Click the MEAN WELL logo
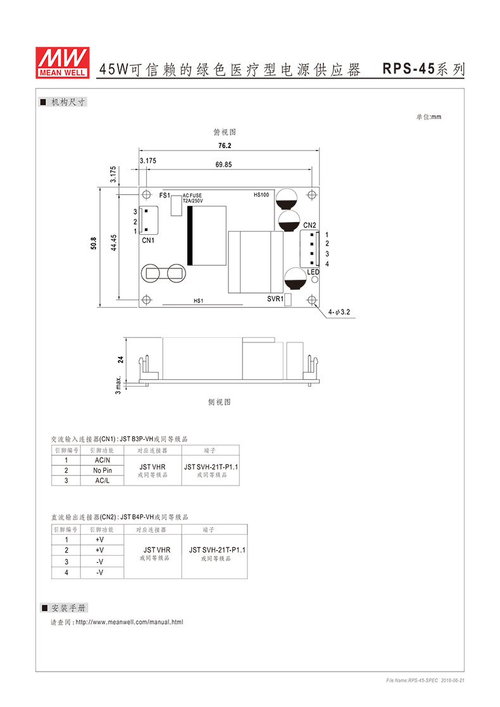tap(61, 62)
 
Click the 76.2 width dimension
tap(225, 146)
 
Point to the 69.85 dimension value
tap(223, 165)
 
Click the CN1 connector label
tap(147, 241)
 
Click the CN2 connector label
tap(309, 225)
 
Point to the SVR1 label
tap(275, 298)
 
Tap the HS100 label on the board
tap(261, 195)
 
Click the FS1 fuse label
tap(165, 195)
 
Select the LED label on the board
tap(313, 272)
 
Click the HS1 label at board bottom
tap(198, 301)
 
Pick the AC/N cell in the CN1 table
tap(102, 460)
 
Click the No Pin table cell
tap(102, 470)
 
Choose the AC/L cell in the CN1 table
tap(102, 480)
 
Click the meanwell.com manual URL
tap(129, 622)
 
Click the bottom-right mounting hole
tap(311, 300)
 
